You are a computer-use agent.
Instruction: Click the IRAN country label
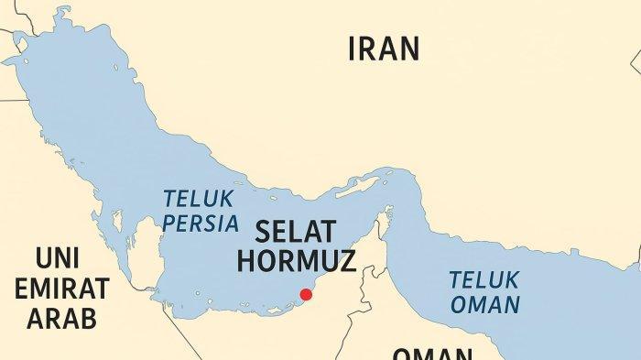coord(384,49)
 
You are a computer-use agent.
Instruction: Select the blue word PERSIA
coord(201,224)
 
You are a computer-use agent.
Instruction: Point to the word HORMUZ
coord(295,259)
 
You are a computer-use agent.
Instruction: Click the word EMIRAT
coord(67,289)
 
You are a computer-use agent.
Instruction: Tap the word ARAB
coord(62,318)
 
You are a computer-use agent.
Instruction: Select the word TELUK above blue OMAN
coord(485,278)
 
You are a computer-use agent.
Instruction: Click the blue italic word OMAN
coord(485,304)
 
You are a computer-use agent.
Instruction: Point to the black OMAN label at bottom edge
coord(433,354)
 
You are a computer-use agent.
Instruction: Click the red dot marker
coord(306,294)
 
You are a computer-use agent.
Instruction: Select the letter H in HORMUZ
coord(245,259)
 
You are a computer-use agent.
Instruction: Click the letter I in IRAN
coord(353,49)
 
